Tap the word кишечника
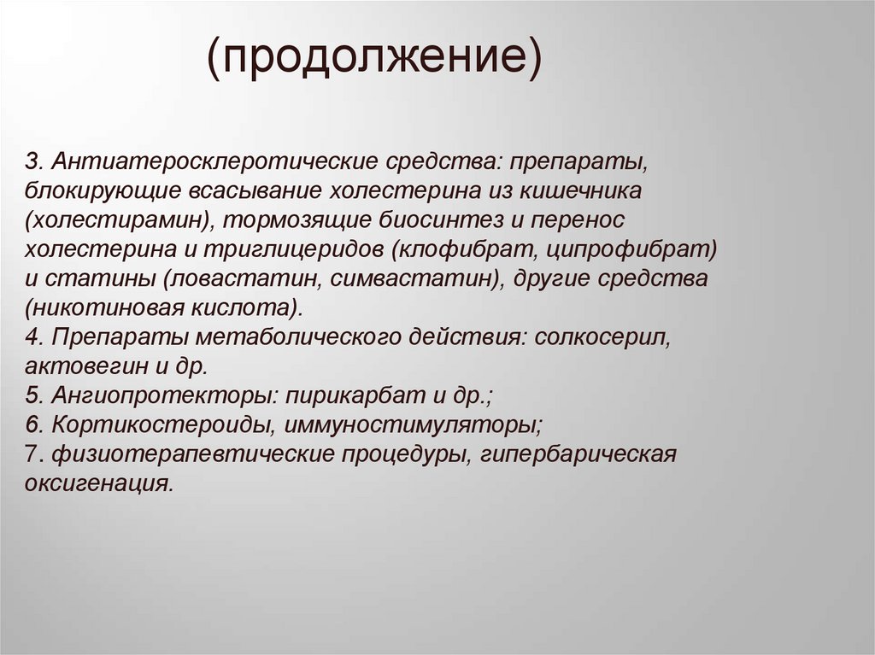tap(591, 191)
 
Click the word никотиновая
tap(103, 307)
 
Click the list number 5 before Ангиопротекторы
tap(31, 395)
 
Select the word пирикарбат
tap(350, 395)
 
